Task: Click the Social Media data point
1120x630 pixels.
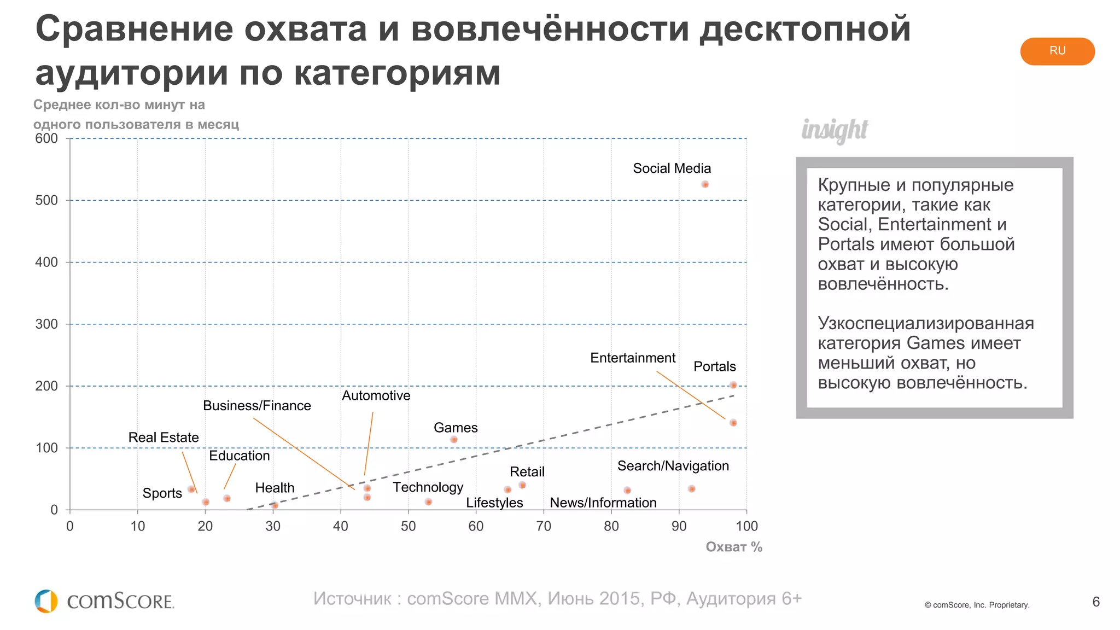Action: [705, 184]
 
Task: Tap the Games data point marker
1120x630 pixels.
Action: [453, 440]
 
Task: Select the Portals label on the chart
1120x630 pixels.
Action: [714, 366]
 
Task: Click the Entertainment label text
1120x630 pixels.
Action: [632, 358]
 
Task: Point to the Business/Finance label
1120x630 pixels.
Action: [256, 405]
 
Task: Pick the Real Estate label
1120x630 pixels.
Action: [163, 437]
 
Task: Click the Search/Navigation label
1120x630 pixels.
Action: [673, 466]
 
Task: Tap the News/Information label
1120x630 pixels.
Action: [603, 503]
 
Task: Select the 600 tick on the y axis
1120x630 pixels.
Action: [46, 138]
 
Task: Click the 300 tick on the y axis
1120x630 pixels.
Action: [46, 324]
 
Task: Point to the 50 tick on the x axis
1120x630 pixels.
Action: [408, 526]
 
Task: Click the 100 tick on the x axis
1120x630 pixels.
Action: [746, 526]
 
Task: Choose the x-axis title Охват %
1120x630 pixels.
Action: [733, 547]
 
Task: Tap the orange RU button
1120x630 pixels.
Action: [1057, 51]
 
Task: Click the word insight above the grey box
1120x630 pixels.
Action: [834, 130]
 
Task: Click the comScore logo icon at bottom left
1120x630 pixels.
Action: [46, 601]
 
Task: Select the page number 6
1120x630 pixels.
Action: [1095, 602]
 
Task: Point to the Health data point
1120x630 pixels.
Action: [275, 505]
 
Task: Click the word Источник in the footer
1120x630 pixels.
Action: [352, 598]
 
